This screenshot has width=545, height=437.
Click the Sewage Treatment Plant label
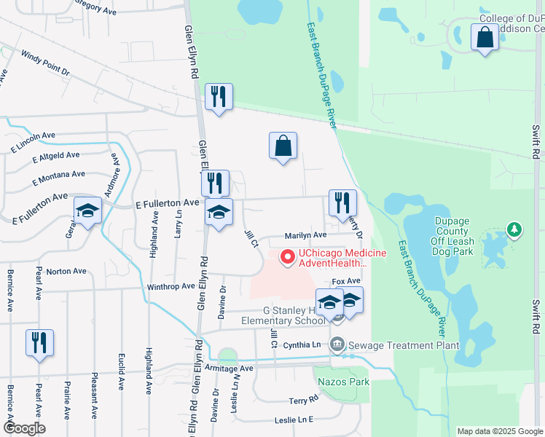pyautogui.click(x=405, y=345)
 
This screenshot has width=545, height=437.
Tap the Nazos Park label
pyautogui.click(x=342, y=382)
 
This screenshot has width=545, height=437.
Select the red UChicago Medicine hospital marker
pyautogui.click(x=287, y=256)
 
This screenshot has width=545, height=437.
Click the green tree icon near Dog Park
pyautogui.click(x=515, y=230)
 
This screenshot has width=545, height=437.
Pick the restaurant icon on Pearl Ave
pyautogui.click(x=39, y=342)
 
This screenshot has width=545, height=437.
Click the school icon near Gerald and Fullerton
pyautogui.click(x=87, y=212)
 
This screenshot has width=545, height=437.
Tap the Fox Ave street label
pyautogui.click(x=346, y=281)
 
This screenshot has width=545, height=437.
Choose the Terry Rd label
pyautogui.click(x=303, y=401)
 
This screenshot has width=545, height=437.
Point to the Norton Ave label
pyautogui.click(x=66, y=272)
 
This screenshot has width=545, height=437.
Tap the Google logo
pyautogui.click(x=23, y=428)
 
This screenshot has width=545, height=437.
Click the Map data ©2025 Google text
pyautogui.click(x=499, y=431)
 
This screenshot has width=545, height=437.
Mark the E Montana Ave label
pyautogui.click(x=58, y=176)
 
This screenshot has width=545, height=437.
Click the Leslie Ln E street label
pyautogui.click(x=293, y=420)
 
